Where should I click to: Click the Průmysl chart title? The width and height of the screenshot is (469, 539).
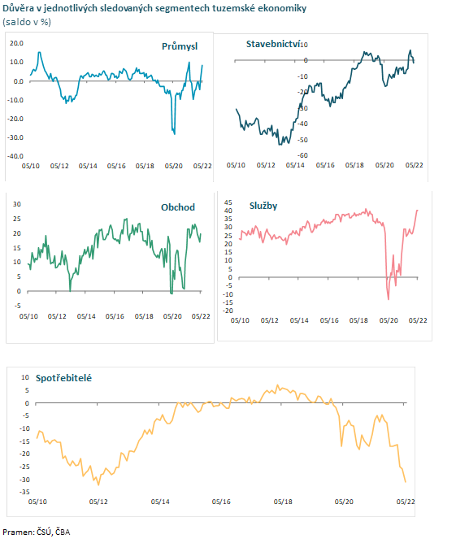(x=180, y=46)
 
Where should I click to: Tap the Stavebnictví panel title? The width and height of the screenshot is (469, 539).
(x=273, y=44)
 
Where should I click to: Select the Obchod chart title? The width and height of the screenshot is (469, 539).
(x=178, y=207)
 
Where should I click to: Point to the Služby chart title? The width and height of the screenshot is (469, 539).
(x=263, y=206)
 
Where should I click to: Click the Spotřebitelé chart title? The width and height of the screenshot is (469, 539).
(x=63, y=378)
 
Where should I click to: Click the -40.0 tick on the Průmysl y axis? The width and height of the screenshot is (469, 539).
(x=15, y=156)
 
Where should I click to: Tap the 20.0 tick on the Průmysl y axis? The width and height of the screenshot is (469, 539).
(x=16, y=43)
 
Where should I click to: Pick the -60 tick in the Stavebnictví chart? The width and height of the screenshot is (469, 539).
(x=302, y=155)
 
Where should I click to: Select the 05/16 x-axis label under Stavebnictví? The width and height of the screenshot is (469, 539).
(x=325, y=165)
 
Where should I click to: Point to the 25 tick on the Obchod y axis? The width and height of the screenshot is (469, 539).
(x=17, y=219)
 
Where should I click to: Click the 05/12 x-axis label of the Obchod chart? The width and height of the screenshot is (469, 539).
(x=57, y=316)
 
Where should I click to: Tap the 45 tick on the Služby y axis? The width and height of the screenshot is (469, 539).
(x=228, y=202)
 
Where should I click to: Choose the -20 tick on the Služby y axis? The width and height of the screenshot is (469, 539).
(x=228, y=311)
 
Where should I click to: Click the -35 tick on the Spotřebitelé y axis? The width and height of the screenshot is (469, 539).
(x=24, y=492)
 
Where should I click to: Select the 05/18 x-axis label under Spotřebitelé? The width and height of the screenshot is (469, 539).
(x=283, y=502)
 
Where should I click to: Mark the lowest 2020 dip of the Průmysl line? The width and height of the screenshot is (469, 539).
(x=175, y=133)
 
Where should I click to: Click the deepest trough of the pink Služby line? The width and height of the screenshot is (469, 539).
(x=389, y=299)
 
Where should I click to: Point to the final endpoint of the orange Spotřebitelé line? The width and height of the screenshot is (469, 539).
(x=406, y=482)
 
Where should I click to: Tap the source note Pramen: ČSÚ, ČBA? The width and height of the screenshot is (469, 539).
(x=37, y=532)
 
